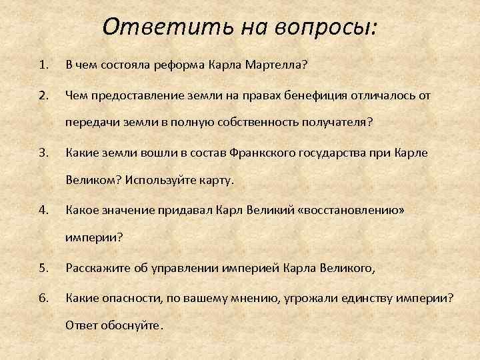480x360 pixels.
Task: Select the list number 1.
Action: (43, 65)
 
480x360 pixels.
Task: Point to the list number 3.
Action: (43, 153)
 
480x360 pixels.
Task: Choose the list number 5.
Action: (43, 269)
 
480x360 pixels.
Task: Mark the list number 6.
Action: (43, 298)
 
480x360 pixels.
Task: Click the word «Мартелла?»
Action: (275, 65)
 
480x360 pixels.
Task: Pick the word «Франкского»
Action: (265, 153)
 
